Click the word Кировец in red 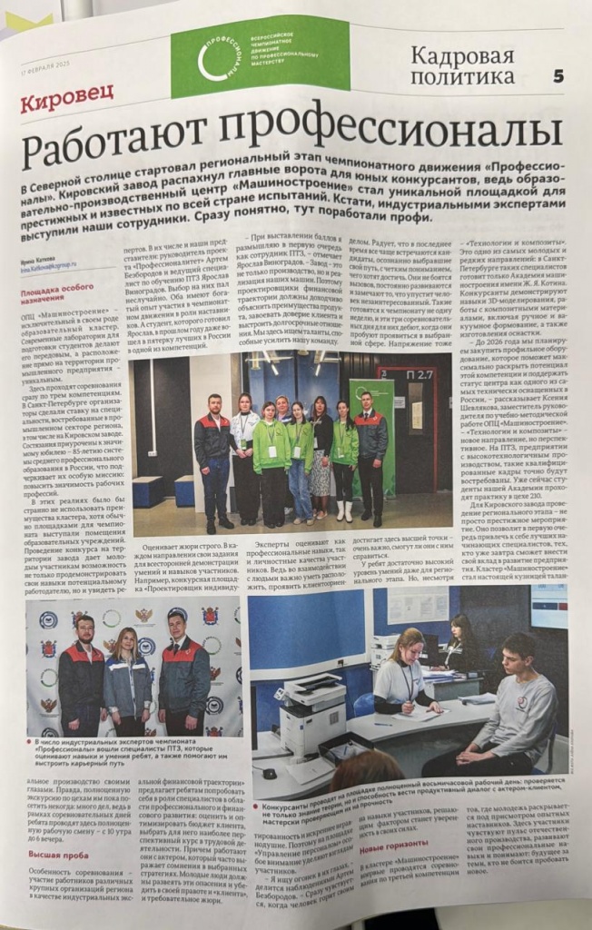click(x=66, y=102)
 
